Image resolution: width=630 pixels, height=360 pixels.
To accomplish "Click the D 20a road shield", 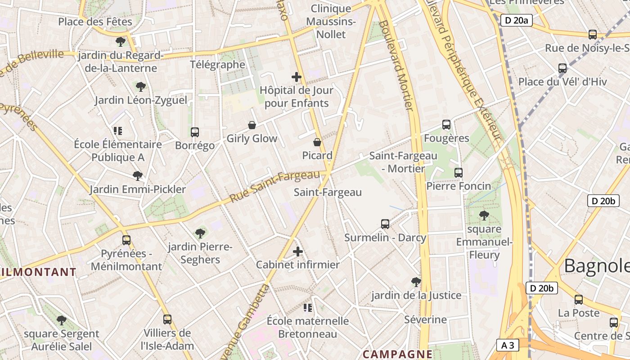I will (516, 20).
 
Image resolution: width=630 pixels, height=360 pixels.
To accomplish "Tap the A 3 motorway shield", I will (508, 345).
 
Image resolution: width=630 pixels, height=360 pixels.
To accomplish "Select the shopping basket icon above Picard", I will (317, 142).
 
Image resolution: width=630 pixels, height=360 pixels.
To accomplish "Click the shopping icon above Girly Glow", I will (252, 125).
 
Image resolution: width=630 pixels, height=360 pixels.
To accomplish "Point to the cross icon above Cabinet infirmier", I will (298, 252).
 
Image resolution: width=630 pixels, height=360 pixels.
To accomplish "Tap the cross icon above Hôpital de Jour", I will (297, 77).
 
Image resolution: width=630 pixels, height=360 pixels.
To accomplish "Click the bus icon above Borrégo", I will (195, 132).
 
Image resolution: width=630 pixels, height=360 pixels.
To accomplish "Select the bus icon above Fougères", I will (446, 125).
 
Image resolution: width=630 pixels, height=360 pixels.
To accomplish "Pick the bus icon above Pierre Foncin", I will (459, 173).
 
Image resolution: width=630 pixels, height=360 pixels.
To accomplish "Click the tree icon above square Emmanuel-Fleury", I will (484, 216).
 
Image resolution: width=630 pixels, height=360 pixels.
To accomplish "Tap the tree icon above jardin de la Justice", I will (416, 282).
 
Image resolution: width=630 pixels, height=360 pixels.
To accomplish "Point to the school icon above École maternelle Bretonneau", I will (308, 308).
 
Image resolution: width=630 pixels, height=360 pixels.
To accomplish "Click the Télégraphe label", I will (217, 64).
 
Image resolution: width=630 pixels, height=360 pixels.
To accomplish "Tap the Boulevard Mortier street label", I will (396, 65).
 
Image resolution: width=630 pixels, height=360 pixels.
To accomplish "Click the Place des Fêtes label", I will (95, 22).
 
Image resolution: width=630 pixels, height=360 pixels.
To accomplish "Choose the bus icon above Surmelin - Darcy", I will (385, 224).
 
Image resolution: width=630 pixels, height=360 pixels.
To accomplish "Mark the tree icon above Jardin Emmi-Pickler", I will (138, 175).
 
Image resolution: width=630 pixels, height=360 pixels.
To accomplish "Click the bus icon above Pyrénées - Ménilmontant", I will (126, 240).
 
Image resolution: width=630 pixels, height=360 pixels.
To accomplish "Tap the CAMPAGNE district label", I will (397, 354).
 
